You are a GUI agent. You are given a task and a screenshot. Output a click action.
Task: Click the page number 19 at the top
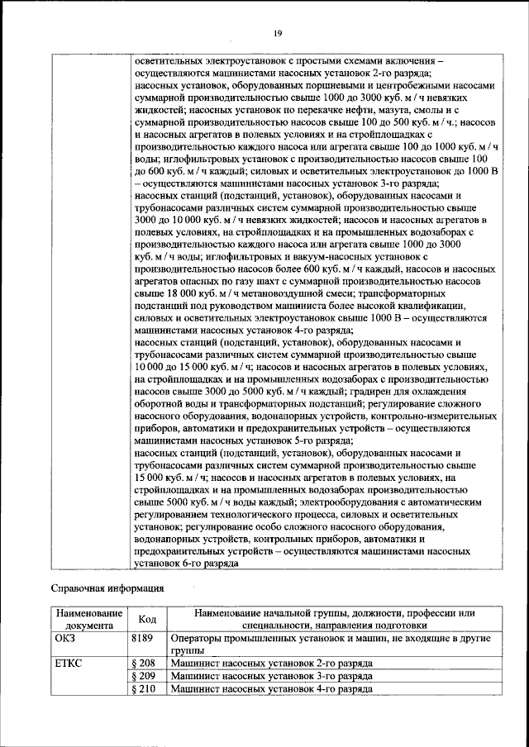pyautogui.click(x=279, y=32)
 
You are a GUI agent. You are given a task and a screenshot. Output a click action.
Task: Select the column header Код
pyautogui.click(x=147, y=619)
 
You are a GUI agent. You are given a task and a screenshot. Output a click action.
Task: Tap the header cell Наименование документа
pyautogui.click(x=88, y=619)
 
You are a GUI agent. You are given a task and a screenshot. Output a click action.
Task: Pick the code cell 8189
pyautogui.click(x=144, y=639)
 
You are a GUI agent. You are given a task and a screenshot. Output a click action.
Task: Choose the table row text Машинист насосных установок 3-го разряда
pyautogui.click(x=271, y=675)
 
